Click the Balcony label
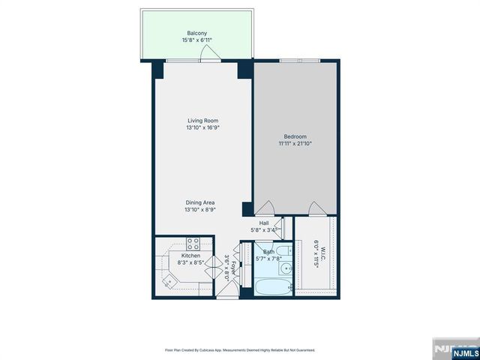[x=197, y=34]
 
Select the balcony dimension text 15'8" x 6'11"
[x=197, y=40]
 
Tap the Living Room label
[x=202, y=120]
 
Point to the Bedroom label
[x=295, y=136]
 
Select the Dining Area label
[x=202, y=202]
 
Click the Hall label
[x=264, y=223]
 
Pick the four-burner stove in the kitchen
[x=193, y=244]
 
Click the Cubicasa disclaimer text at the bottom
[x=240, y=350]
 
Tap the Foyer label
[x=233, y=267]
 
